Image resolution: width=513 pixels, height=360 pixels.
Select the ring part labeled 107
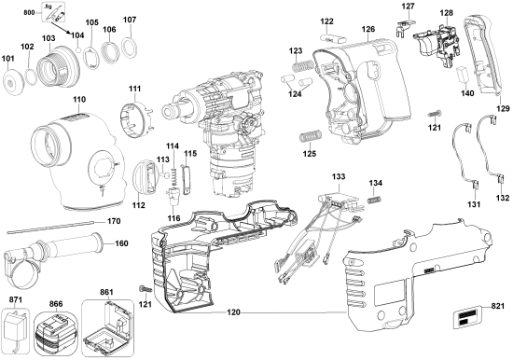(x=131, y=44)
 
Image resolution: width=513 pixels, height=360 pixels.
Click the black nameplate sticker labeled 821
(x=467, y=320)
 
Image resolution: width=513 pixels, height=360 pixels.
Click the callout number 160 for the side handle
(x=121, y=244)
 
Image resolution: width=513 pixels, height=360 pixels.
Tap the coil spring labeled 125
(x=307, y=137)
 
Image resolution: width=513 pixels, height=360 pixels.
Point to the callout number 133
(x=338, y=175)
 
